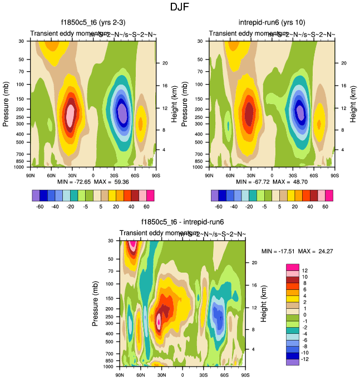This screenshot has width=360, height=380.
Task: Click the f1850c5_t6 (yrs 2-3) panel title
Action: [x=93, y=23]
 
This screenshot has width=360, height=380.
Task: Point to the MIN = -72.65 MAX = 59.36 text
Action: [x=92, y=182]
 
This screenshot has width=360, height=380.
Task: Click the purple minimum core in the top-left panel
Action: [x=122, y=113]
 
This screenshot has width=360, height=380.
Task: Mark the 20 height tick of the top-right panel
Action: [x=344, y=63]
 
